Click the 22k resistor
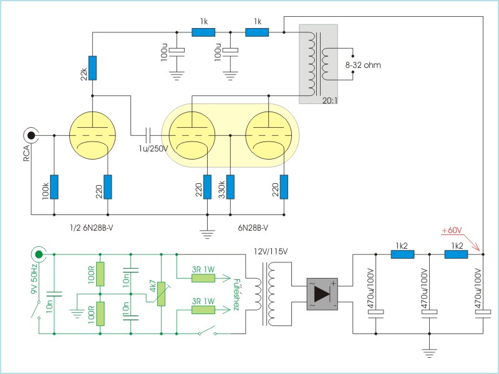(x=92, y=68)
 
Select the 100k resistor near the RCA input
(x=54, y=187)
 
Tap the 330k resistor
(x=230, y=187)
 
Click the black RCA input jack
(x=31, y=135)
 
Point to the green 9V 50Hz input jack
(x=39, y=254)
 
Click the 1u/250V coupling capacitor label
(x=153, y=148)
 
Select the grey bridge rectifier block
(x=322, y=294)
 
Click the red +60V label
(x=452, y=231)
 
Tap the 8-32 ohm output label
(x=363, y=65)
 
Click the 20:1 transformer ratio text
(x=330, y=100)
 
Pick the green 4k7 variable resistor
(x=162, y=294)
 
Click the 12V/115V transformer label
(x=271, y=252)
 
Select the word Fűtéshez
(x=236, y=295)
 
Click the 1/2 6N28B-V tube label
(x=91, y=228)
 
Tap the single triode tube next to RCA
(x=92, y=135)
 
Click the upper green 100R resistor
(x=100, y=274)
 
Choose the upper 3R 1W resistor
(x=203, y=278)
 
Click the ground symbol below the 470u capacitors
(x=429, y=353)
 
